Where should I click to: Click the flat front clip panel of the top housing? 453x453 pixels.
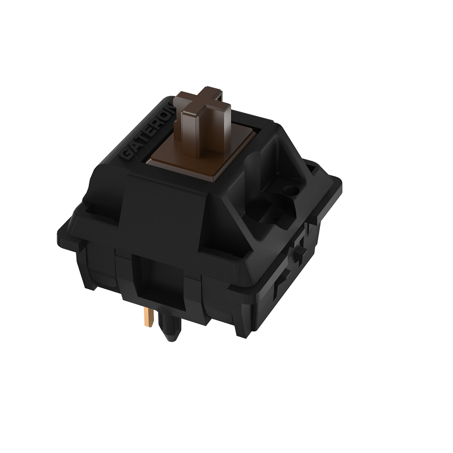(x=164, y=210)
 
